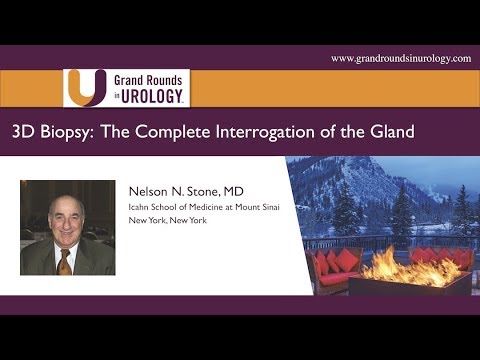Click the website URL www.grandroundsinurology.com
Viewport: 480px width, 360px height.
pos(400,59)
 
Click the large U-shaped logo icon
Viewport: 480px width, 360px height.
pos(85,88)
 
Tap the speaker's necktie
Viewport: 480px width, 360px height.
pos(64,262)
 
